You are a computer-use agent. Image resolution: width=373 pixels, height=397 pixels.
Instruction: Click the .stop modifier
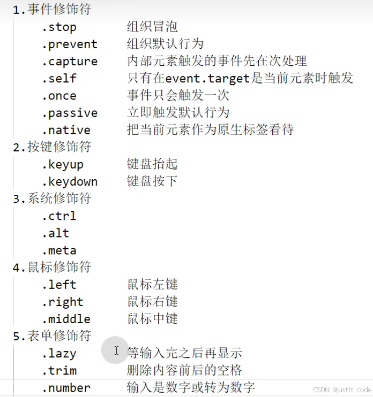(59, 27)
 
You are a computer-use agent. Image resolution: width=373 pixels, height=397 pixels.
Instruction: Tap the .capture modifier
(70, 62)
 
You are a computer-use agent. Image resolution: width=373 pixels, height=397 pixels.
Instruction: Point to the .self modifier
(59, 79)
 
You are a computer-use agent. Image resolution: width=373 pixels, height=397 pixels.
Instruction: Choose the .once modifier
(59, 96)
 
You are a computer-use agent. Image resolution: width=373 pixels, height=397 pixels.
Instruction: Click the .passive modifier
(70, 113)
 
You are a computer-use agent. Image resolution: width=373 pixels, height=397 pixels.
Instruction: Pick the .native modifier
(66, 130)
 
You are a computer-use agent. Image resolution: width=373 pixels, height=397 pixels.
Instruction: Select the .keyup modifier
(63, 164)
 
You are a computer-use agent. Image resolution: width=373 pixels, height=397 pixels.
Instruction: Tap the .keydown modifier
(70, 181)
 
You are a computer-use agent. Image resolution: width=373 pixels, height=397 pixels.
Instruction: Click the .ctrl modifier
(59, 216)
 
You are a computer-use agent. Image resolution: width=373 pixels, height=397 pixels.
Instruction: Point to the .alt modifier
(56, 233)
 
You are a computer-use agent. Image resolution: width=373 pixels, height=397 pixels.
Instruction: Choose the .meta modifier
(59, 250)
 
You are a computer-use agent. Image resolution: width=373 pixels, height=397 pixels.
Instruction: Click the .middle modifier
(66, 319)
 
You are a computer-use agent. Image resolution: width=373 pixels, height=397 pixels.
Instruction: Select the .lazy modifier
(59, 354)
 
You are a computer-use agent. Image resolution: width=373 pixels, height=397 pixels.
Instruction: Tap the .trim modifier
(59, 371)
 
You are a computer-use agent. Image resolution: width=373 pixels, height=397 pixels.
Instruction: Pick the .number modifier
(66, 388)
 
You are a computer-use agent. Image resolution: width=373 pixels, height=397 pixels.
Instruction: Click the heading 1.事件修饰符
(52, 10)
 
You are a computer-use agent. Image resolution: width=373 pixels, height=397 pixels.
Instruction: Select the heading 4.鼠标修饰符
(52, 267)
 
